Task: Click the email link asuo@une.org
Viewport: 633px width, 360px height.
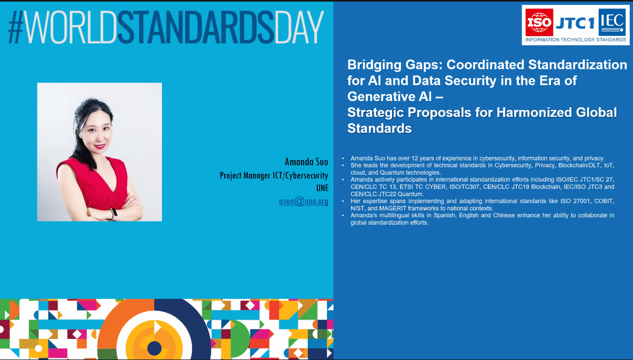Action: coord(304,201)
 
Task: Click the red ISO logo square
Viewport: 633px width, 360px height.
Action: coord(539,22)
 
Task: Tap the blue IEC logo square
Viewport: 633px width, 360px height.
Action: coord(612,22)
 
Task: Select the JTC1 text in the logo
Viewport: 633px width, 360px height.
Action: coord(575,23)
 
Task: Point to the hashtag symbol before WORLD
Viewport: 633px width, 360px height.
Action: coord(16,27)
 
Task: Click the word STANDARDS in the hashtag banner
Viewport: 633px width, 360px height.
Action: coord(196,27)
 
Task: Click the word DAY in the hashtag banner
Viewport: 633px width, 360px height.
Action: coord(299,27)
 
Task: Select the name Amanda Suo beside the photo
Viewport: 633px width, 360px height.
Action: coord(306,162)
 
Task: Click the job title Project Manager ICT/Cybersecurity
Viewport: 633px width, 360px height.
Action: coord(274,175)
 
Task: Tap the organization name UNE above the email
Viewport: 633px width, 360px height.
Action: coord(322,188)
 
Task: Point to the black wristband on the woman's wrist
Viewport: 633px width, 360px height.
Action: coord(114,213)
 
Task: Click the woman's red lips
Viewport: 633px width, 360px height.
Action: coord(100,146)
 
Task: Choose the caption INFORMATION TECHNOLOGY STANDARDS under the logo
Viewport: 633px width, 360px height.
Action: coord(575,40)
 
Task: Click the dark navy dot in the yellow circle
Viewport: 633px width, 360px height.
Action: coord(154,348)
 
